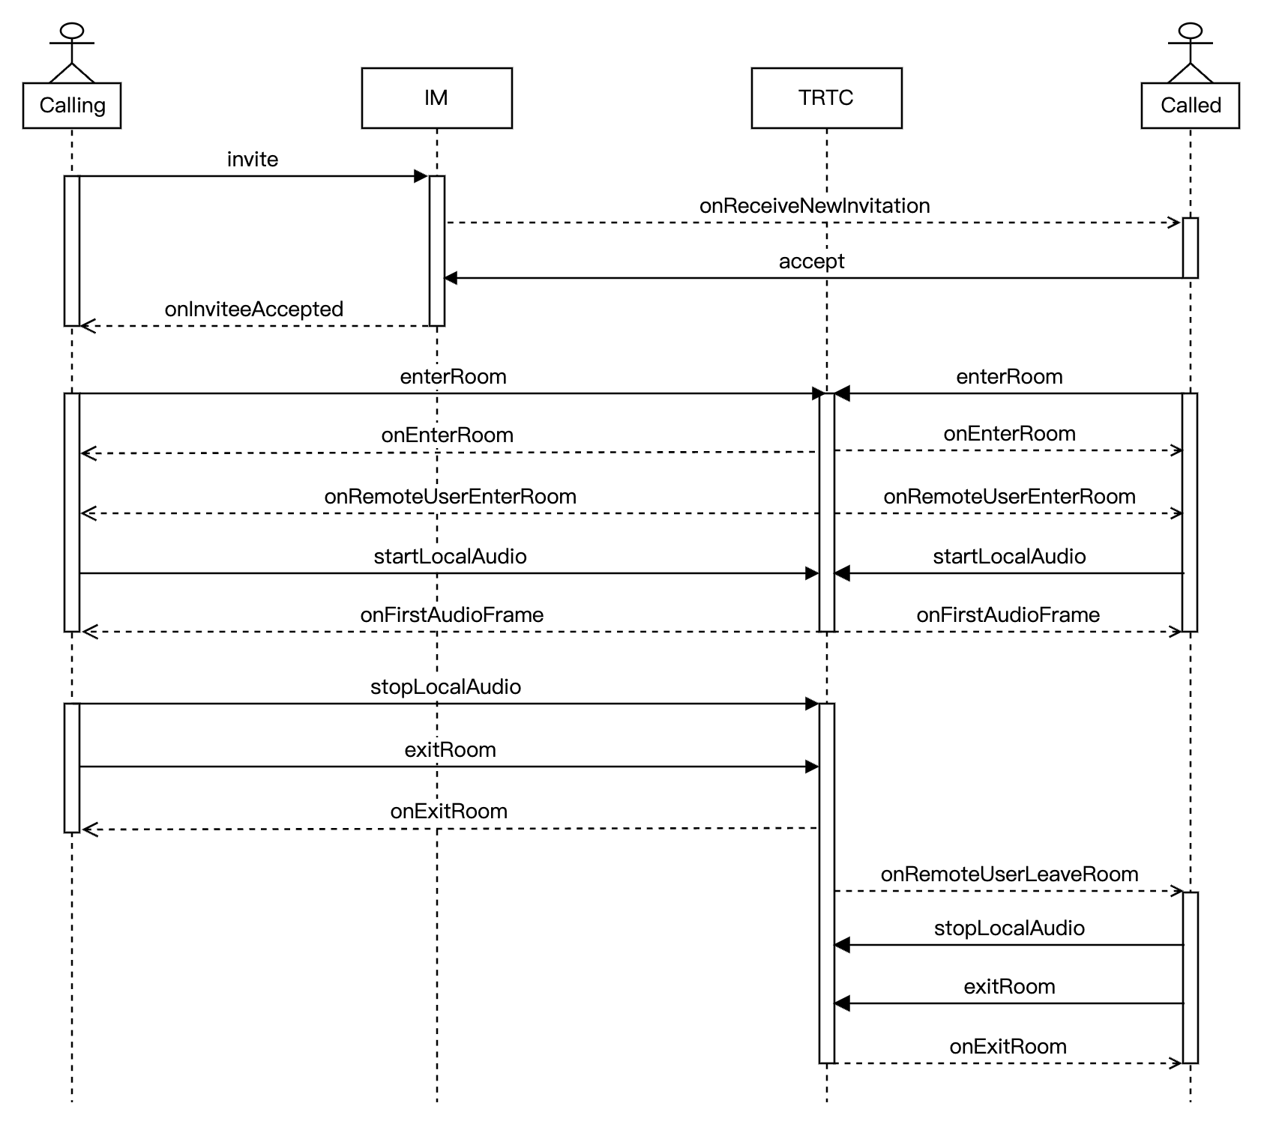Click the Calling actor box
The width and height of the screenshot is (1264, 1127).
point(72,106)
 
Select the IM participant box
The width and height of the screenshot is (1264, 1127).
point(436,98)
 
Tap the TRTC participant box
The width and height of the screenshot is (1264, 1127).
point(826,98)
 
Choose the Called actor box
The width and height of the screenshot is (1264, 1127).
point(1190,106)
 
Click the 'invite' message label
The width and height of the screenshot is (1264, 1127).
point(253,160)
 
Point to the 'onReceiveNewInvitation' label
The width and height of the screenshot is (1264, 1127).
point(814,206)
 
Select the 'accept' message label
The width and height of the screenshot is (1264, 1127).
point(811,262)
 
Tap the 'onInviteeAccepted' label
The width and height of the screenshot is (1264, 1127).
point(254,309)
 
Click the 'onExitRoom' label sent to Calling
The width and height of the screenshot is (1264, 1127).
point(448,812)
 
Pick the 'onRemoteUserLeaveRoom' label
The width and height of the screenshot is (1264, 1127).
point(1009,874)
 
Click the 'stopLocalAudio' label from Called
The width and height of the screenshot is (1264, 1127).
point(1009,928)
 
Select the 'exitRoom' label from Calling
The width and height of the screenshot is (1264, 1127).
point(450,750)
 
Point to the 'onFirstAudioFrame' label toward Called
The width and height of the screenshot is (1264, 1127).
point(1008,615)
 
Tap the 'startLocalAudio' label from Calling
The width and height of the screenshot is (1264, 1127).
point(450,557)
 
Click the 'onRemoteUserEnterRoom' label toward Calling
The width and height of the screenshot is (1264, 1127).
point(450,497)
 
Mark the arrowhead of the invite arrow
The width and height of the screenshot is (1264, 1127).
point(421,177)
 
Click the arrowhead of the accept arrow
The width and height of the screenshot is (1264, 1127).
point(451,278)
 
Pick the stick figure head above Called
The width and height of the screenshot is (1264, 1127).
point(1190,31)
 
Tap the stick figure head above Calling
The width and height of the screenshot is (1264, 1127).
point(72,31)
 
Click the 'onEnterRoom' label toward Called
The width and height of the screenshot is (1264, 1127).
point(1009,434)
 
